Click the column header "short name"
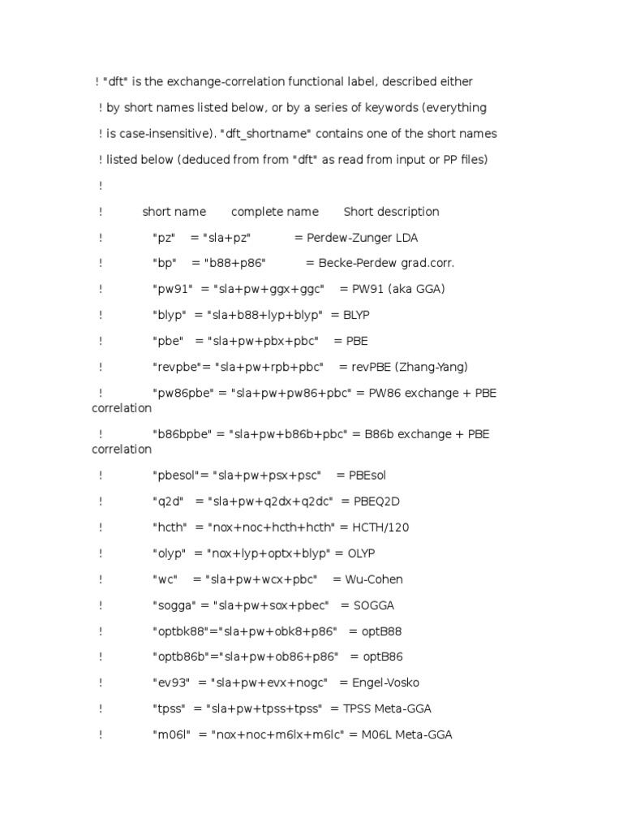coord(174,212)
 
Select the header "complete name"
coord(275,212)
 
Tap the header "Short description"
coord(391,212)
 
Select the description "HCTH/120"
coord(380,527)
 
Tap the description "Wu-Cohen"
coord(374,579)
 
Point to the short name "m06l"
coord(170,735)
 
